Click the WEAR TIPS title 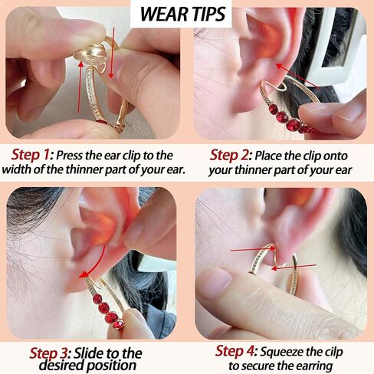click(x=183, y=14)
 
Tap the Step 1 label click(x=32, y=155)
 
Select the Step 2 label click(x=231, y=155)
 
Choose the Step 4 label click(x=236, y=351)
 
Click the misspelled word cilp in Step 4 click(x=332, y=352)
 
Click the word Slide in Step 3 click(x=88, y=353)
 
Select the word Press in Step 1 click(x=70, y=155)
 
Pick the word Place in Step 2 click(x=268, y=156)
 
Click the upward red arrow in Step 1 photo click(x=80, y=87)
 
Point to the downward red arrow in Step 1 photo click(x=111, y=53)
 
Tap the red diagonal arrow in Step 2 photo click(x=297, y=75)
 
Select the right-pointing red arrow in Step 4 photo click(x=253, y=248)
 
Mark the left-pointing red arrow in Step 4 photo click(x=294, y=267)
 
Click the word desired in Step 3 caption click(x=61, y=365)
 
